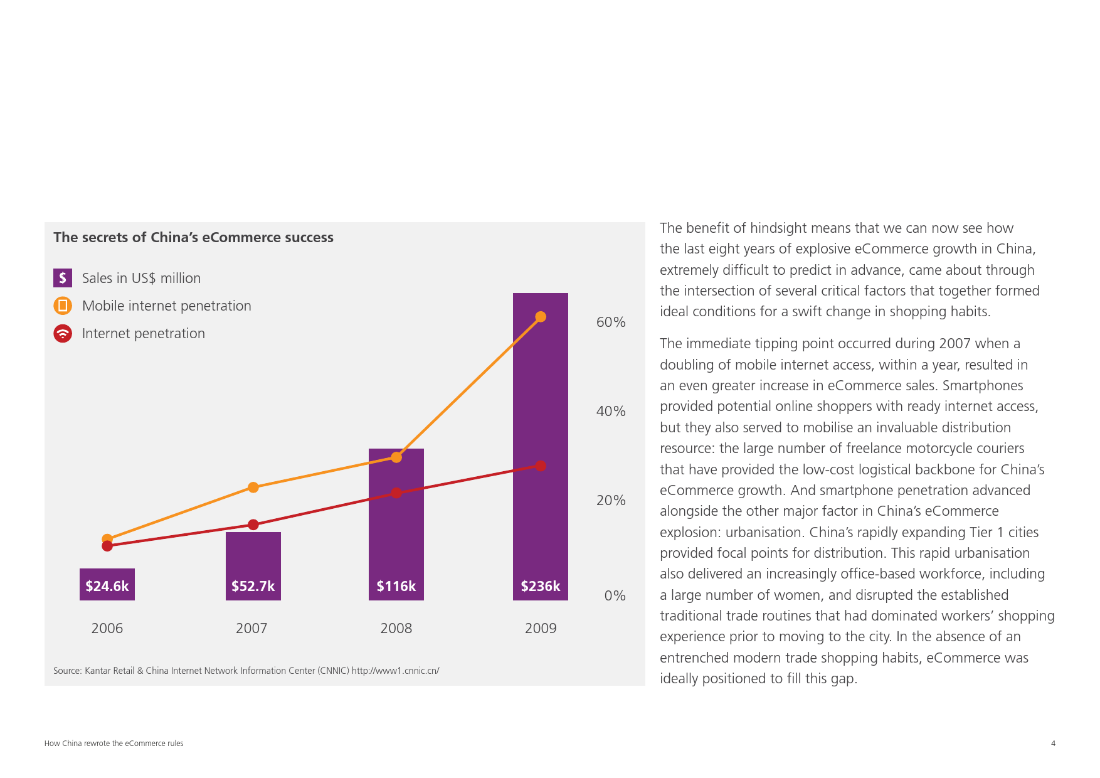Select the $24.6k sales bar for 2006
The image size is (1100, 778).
click(107, 585)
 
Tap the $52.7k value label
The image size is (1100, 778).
click(253, 586)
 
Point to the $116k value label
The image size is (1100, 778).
click(396, 586)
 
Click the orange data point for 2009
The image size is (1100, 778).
click(541, 317)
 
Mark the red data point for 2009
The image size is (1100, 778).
click(541, 466)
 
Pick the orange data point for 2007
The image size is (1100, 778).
click(253, 488)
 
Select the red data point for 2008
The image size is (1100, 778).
click(396, 493)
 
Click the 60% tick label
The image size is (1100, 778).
click(610, 322)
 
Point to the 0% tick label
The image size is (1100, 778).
click(615, 595)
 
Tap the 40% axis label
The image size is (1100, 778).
click(610, 411)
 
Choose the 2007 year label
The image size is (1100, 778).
click(251, 628)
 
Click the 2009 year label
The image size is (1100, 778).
click(541, 628)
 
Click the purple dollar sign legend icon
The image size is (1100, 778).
click(63, 278)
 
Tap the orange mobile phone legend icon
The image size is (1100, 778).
click(63, 306)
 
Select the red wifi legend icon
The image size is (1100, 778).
click(63, 333)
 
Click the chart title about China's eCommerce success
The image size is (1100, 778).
click(193, 237)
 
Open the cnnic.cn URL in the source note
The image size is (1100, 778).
click(395, 671)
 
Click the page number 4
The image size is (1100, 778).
click(1053, 743)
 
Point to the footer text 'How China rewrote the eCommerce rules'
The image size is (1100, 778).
click(114, 743)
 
